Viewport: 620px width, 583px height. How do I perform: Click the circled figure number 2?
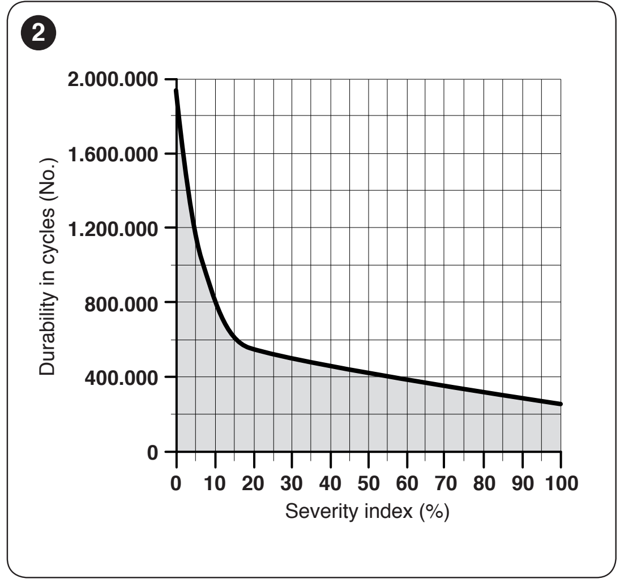click(39, 33)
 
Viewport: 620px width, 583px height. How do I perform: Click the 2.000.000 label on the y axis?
click(113, 79)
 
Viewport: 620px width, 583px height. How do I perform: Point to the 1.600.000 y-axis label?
click(113, 154)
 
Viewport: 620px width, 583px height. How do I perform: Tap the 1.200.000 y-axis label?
click(113, 229)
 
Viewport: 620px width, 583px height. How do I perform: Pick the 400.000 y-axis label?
click(121, 378)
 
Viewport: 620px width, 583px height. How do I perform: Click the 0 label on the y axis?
click(153, 452)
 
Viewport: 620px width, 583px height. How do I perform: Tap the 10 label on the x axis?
click(215, 483)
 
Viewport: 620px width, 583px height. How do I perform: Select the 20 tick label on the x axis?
click(253, 483)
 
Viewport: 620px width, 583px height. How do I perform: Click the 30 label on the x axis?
click(292, 483)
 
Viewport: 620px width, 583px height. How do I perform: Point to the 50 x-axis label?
click(369, 483)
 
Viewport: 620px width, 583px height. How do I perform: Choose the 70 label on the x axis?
click(446, 483)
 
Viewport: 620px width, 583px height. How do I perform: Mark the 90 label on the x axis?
click(523, 483)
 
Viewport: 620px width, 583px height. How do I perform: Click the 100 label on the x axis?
click(562, 483)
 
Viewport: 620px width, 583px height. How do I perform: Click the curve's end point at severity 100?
click(561, 404)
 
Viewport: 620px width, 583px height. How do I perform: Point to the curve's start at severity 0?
click(176, 91)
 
